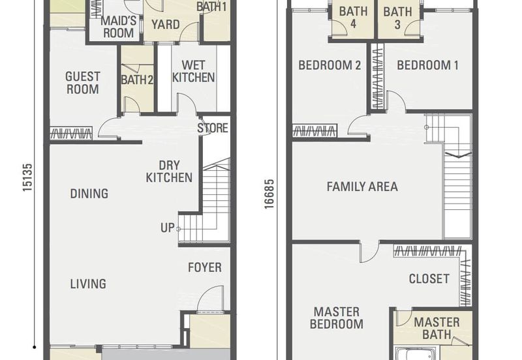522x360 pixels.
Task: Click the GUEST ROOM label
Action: [83, 83]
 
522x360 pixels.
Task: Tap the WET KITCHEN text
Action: [193, 71]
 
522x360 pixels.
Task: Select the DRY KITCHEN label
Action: [169, 172]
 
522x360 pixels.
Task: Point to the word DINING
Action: [89, 193]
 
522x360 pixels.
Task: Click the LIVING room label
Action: [88, 284]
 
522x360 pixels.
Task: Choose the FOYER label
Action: [205, 267]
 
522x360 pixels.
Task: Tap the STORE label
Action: [213, 128]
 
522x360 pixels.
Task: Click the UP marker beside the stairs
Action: [168, 228]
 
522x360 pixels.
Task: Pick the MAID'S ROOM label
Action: [119, 27]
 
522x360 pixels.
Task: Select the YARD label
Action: [166, 24]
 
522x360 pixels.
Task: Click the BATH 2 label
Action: [137, 80]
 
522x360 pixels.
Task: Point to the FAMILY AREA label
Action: [362, 187]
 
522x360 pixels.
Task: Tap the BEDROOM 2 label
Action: [330, 65]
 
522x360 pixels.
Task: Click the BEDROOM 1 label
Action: [428, 65]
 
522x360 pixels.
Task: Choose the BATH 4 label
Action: [353, 18]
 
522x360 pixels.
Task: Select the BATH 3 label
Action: [397, 18]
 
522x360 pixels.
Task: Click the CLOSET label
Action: [429, 279]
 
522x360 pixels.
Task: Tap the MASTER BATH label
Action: [437, 329]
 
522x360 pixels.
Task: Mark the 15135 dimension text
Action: [27, 177]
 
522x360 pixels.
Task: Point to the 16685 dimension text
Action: [269, 194]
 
